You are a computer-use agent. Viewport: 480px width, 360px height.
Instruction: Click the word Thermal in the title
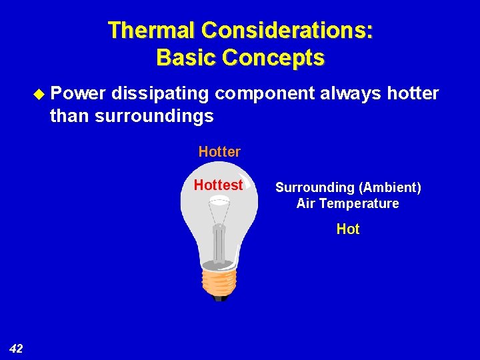(153, 31)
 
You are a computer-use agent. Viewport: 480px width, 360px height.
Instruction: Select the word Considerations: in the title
(288, 31)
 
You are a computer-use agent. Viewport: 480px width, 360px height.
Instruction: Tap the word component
(264, 93)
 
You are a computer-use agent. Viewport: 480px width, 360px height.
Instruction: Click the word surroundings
(154, 116)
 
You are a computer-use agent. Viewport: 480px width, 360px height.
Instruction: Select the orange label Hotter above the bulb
(219, 152)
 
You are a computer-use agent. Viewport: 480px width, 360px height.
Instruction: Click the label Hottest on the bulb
(218, 185)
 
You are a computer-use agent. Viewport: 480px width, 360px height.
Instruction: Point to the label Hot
(347, 229)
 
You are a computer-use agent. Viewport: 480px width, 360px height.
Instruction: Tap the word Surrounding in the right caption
(315, 188)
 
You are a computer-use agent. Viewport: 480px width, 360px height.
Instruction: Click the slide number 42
(17, 348)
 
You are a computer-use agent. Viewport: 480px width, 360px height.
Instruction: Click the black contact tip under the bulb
(219, 299)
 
